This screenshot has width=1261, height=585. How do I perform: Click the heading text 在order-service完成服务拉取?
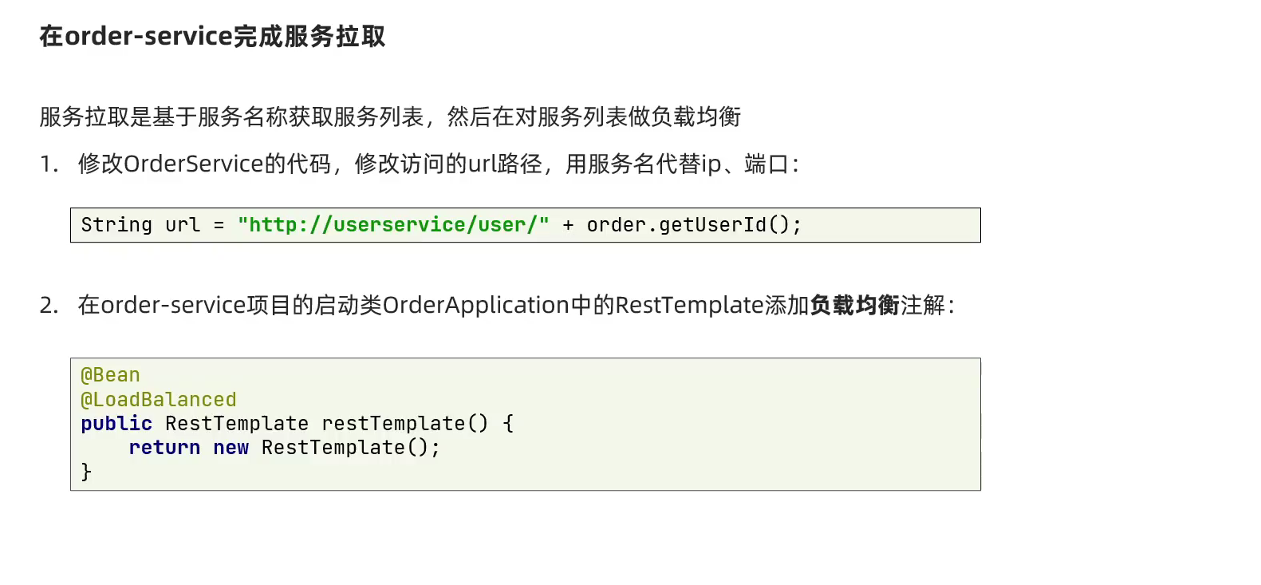[x=212, y=37]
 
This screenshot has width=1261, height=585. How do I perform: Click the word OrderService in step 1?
[x=194, y=164]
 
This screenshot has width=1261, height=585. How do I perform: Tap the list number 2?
[x=49, y=306]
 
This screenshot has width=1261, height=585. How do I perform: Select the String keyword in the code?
[x=116, y=225]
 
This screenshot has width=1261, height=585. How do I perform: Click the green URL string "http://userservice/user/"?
[x=393, y=225]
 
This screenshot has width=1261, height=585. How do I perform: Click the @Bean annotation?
[x=110, y=375]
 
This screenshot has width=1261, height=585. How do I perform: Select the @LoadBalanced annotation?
[x=159, y=399]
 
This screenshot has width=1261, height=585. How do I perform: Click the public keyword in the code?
[x=116, y=424]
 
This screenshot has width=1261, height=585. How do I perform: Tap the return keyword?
[x=164, y=448]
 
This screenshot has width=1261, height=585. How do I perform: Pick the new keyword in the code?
[x=231, y=448]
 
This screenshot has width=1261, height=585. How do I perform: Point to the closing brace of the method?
[x=86, y=472]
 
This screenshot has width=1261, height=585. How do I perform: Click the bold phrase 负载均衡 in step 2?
[x=854, y=306]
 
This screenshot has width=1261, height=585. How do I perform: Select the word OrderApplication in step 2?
[x=476, y=306]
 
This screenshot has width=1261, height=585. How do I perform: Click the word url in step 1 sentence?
[x=483, y=164]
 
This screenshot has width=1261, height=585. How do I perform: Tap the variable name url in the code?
[x=183, y=225]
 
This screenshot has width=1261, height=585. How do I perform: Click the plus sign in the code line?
[x=568, y=225]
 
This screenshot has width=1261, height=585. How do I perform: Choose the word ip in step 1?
[x=711, y=164]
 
